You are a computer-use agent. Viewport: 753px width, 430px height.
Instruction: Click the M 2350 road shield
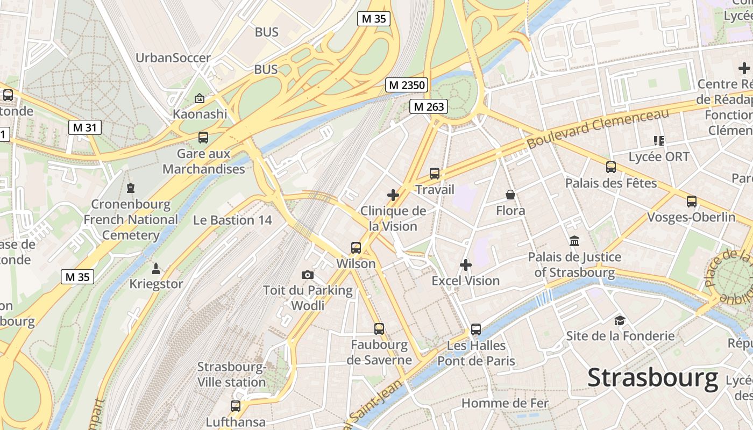coord(407,85)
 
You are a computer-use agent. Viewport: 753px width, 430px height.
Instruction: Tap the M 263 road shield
coord(429,106)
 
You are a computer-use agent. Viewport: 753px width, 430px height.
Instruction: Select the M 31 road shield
coord(85,127)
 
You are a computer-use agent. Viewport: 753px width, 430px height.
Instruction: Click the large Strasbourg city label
coord(652,377)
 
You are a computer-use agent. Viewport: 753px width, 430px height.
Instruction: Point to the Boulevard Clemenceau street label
coord(598,128)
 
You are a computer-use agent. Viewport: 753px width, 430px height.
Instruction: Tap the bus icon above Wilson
coord(356,248)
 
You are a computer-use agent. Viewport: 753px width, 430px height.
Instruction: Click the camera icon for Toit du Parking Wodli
coord(308,275)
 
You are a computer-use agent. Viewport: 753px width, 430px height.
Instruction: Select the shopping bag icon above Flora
coord(510,195)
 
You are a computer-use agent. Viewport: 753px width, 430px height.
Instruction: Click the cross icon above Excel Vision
coord(466,265)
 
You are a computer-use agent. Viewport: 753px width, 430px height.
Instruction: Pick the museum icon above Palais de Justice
coord(574,241)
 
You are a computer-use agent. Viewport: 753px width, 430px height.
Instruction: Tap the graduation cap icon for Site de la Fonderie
coord(620,321)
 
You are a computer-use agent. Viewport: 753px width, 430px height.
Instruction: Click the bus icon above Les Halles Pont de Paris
coord(476,329)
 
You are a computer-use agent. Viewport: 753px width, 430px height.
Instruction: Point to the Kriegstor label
coord(156,284)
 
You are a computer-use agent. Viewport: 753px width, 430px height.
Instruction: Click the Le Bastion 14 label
coord(232,220)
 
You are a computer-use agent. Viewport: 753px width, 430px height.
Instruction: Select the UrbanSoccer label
coord(173,58)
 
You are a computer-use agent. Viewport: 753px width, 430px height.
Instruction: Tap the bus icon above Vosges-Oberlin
coord(692,202)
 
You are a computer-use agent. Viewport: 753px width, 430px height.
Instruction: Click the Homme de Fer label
coord(505,403)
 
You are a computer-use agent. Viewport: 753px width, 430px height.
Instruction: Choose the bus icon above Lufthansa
coord(236,406)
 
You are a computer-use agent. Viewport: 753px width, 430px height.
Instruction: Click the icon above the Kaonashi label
coord(200,98)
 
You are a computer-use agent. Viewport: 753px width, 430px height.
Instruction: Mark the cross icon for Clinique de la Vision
coord(393,195)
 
